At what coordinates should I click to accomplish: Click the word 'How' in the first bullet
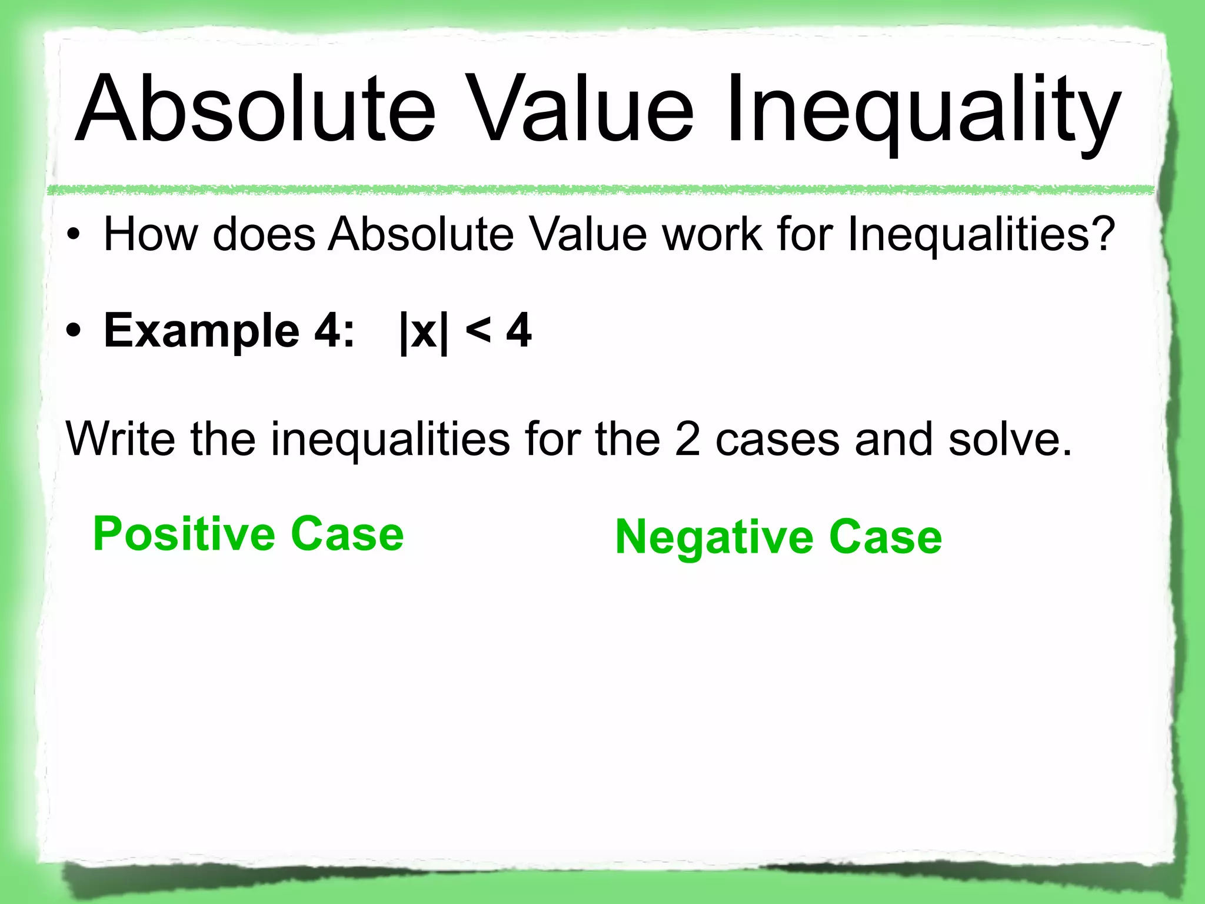[x=151, y=234]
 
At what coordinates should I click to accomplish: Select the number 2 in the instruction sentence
[x=687, y=439]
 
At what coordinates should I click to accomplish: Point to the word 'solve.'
[x=1010, y=439]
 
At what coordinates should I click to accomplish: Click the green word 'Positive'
[x=184, y=534]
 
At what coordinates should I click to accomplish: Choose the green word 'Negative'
[x=714, y=538]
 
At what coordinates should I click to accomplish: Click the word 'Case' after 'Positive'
[x=347, y=534]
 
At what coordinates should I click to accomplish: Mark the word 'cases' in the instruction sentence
[x=777, y=439]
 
